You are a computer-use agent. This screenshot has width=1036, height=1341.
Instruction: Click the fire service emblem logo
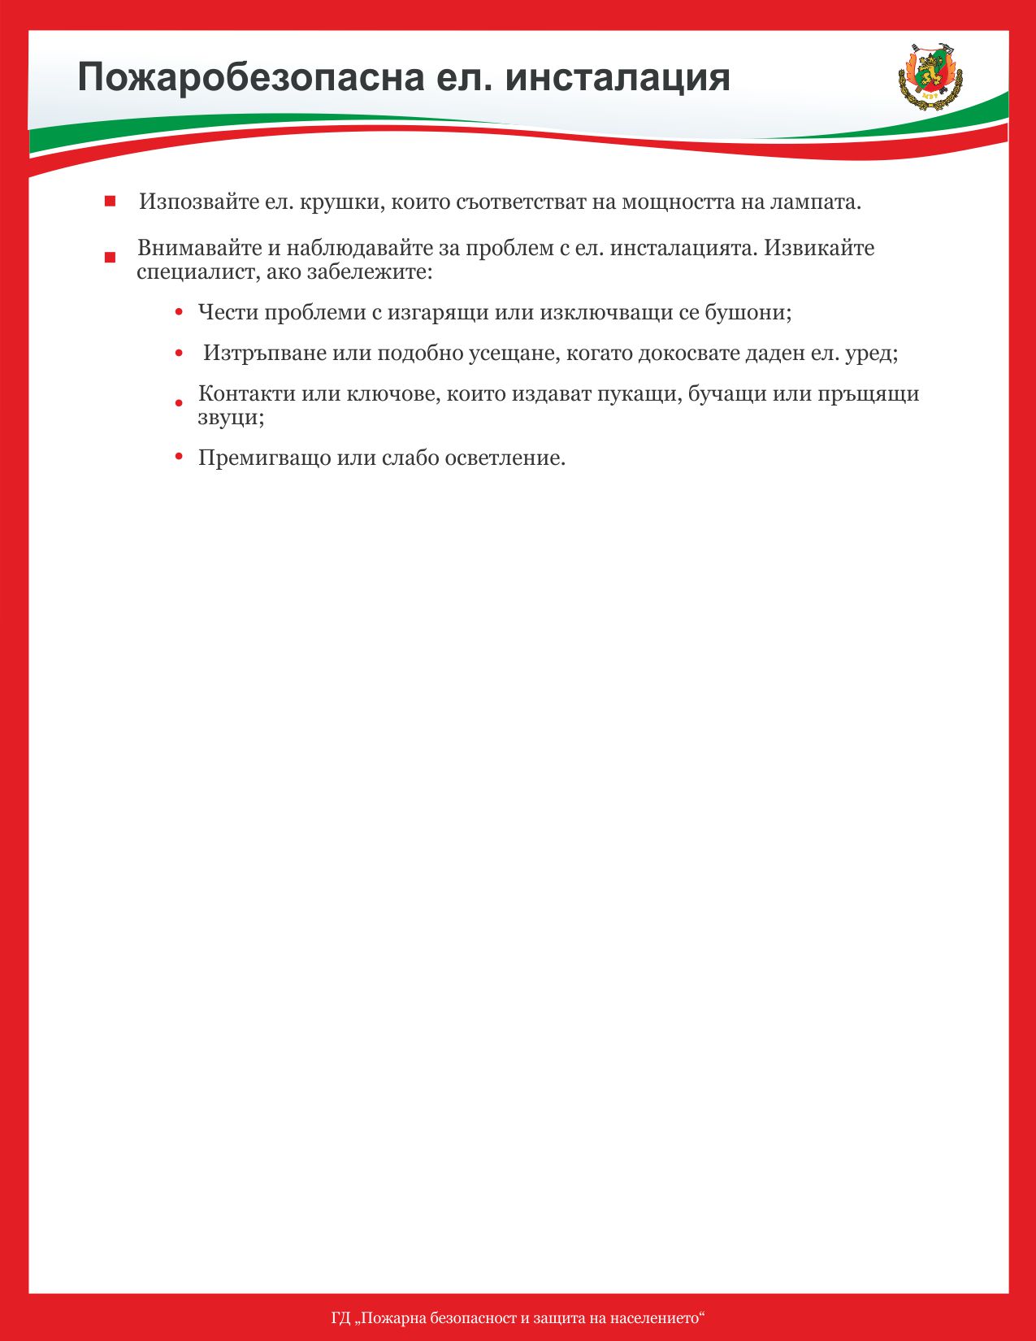[930, 76]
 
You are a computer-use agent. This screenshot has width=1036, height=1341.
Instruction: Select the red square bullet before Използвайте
[110, 202]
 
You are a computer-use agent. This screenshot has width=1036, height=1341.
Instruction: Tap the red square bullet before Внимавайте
[110, 258]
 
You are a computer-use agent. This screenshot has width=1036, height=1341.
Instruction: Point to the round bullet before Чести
[179, 312]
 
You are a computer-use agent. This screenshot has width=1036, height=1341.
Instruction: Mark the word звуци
[230, 419]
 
